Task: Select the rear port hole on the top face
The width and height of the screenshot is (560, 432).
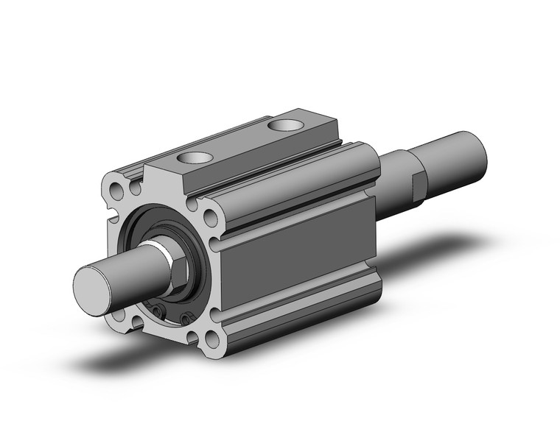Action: click(284, 126)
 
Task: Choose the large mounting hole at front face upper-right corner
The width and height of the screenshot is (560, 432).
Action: click(211, 219)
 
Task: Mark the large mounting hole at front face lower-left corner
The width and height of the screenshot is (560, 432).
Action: click(119, 319)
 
